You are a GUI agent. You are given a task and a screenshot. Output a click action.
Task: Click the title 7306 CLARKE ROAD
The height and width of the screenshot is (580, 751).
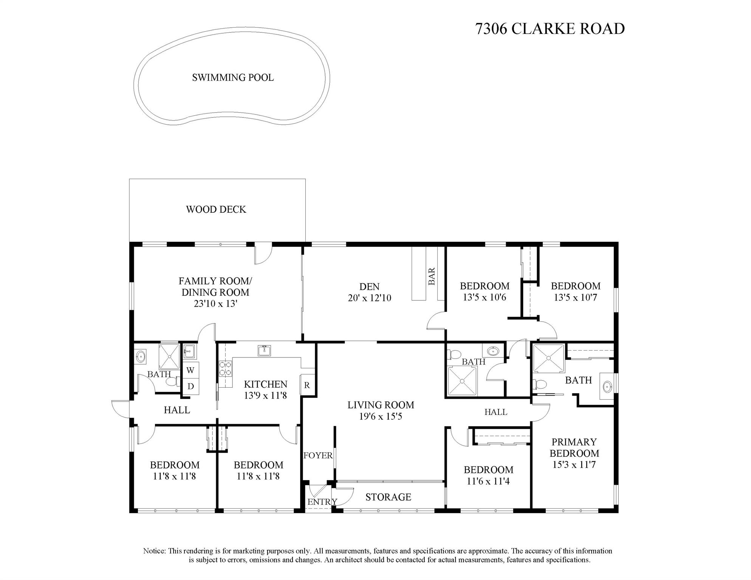(550, 29)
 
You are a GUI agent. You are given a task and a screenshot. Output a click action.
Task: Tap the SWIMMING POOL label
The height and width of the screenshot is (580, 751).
(233, 77)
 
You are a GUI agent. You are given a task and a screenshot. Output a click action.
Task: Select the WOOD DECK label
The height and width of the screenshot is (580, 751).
(216, 209)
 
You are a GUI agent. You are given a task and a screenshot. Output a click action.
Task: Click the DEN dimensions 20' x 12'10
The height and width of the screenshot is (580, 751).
(369, 298)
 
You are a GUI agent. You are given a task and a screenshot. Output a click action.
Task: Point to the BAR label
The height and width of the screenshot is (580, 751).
(432, 276)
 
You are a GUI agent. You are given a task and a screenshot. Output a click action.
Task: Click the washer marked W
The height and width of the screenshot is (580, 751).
(190, 370)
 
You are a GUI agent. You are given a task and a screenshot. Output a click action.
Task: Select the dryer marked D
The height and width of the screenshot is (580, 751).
(190, 386)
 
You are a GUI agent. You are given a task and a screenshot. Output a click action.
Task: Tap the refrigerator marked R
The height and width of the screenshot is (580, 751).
(307, 385)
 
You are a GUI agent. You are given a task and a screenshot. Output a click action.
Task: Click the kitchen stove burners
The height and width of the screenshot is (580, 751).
(226, 369)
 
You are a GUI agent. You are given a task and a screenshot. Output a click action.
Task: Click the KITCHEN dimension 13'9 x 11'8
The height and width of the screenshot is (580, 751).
(265, 396)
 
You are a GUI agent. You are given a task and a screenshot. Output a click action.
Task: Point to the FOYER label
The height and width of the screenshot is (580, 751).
(318, 455)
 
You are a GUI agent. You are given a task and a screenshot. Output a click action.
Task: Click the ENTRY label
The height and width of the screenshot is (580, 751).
(322, 502)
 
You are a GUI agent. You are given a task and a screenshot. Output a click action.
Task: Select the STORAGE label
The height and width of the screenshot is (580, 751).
(388, 497)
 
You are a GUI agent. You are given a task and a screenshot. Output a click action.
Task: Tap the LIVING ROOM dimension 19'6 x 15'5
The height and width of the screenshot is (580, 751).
(381, 416)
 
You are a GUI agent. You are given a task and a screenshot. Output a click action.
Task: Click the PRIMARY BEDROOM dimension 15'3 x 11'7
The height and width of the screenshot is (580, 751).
(574, 464)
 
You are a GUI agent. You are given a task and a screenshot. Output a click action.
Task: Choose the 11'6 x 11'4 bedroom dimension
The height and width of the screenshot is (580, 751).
(488, 481)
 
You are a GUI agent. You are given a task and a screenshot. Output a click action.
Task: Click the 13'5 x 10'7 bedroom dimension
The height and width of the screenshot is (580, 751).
(575, 297)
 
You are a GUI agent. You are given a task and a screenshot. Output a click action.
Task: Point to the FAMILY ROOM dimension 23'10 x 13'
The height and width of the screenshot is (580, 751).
(215, 303)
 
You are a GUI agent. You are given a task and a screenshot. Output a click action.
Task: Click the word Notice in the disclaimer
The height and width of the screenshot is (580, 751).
(154, 551)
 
